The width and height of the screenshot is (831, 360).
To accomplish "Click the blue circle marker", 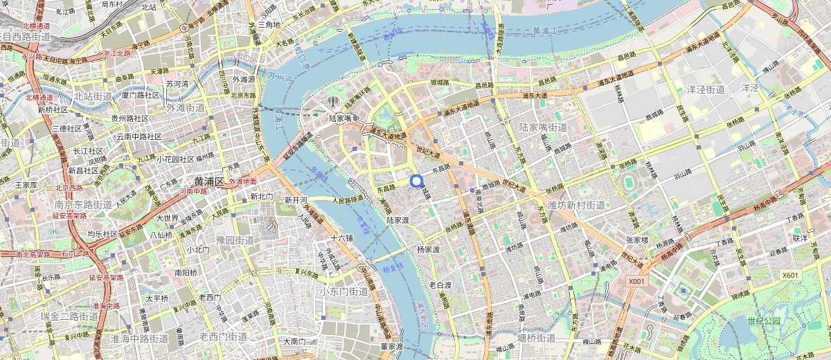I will pyautogui.click(x=416, y=181).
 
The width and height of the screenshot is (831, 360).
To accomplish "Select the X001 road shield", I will pyautogui.click(x=636, y=282).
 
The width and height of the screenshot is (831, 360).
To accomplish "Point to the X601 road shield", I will pyautogui.click(x=790, y=275).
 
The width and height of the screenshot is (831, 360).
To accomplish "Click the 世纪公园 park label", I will pyautogui.click(x=763, y=321).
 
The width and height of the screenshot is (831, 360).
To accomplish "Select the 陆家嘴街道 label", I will pyautogui.click(x=543, y=127).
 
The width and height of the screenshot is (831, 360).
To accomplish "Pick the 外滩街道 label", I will pyautogui.click(x=185, y=107).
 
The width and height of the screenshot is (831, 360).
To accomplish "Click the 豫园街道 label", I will pyautogui.click(x=235, y=240).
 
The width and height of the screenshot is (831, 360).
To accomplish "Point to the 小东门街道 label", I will pyautogui.click(x=343, y=291).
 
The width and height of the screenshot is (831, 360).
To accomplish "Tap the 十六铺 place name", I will pyautogui.click(x=341, y=237).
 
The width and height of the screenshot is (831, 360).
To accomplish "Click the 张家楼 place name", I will pyautogui.click(x=636, y=240).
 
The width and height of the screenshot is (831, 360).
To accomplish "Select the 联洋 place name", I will pyautogui.click(x=801, y=237).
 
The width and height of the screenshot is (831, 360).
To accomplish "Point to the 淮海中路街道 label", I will pyautogui.click(x=139, y=338).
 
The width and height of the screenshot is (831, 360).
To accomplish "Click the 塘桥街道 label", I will pyautogui.click(x=537, y=337).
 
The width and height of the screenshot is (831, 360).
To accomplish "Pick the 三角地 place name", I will pyautogui.click(x=269, y=24).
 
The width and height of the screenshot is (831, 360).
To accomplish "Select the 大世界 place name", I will pyautogui.click(x=168, y=219).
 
